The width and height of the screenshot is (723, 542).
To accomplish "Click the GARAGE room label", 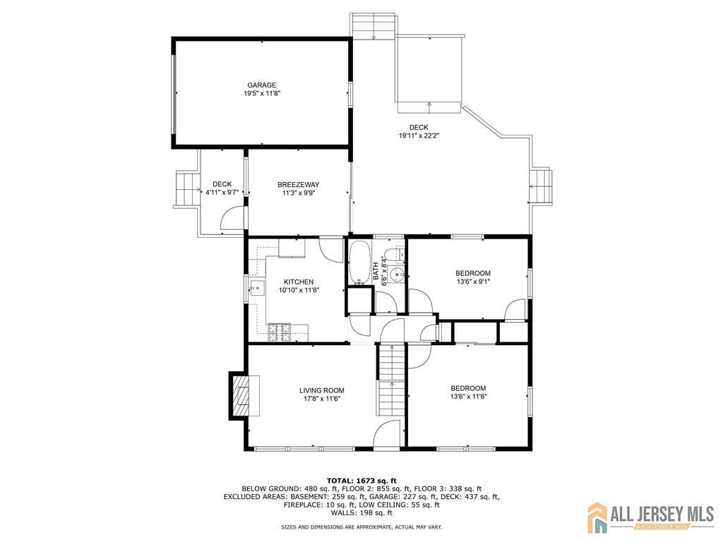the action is (x=262, y=85).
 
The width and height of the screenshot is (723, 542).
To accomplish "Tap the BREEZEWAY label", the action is (x=299, y=185).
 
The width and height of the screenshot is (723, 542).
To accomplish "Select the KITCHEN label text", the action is (x=299, y=282).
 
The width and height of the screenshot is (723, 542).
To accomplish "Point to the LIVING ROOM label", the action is (x=322, y=390).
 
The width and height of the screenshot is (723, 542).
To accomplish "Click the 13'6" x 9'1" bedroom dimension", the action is (x=472, y=281).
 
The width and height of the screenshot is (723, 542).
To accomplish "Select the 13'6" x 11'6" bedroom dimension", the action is (x=469, y=397).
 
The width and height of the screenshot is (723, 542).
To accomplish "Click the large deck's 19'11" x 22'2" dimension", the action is (x=419, y=136).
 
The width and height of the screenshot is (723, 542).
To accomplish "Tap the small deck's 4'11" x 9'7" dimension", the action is (x=222, y=193).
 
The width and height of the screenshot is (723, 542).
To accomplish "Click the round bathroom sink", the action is (x=395, y=275).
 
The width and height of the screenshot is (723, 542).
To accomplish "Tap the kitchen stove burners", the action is (x=280, y=333).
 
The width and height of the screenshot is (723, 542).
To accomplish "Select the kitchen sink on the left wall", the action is (x=257, y=289).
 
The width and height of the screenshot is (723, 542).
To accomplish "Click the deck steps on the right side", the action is (x=541, y=186).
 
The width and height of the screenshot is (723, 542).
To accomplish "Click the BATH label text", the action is (x=376, y=272).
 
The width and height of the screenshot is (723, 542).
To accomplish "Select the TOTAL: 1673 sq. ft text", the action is (x=361, y=481).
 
